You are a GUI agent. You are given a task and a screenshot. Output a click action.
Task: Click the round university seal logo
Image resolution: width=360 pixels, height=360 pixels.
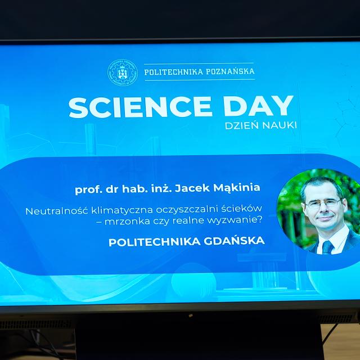click(123, 73)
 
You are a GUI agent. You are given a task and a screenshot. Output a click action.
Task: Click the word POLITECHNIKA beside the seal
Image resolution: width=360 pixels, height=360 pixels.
click(174, 72)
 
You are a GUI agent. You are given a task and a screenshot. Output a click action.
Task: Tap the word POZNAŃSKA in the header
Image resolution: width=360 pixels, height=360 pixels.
click(230, 71)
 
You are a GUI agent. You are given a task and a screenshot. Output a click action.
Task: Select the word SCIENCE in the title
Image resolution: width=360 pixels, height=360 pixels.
click(140, 107)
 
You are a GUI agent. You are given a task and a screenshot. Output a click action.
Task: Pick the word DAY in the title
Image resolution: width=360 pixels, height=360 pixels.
click(259, 106)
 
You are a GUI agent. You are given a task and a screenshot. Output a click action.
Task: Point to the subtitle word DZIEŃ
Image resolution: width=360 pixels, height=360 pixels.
click(242, 125)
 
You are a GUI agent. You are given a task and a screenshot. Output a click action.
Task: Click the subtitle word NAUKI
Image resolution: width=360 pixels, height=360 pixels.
click(280, 125)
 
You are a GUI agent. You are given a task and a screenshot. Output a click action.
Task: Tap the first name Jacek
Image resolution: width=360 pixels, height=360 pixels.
click(192, 188)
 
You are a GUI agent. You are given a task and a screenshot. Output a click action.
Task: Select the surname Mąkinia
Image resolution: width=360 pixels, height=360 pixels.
click(237, 188)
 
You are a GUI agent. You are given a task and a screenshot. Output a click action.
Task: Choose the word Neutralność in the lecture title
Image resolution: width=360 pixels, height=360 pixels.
click(57, 211)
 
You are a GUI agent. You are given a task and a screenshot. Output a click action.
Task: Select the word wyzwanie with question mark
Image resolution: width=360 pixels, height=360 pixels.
click(235, 220)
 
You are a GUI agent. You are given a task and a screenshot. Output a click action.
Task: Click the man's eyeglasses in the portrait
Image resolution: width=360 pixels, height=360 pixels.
click(324, 202)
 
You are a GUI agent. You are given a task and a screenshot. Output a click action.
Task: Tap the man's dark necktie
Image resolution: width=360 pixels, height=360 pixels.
click(327, 247)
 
